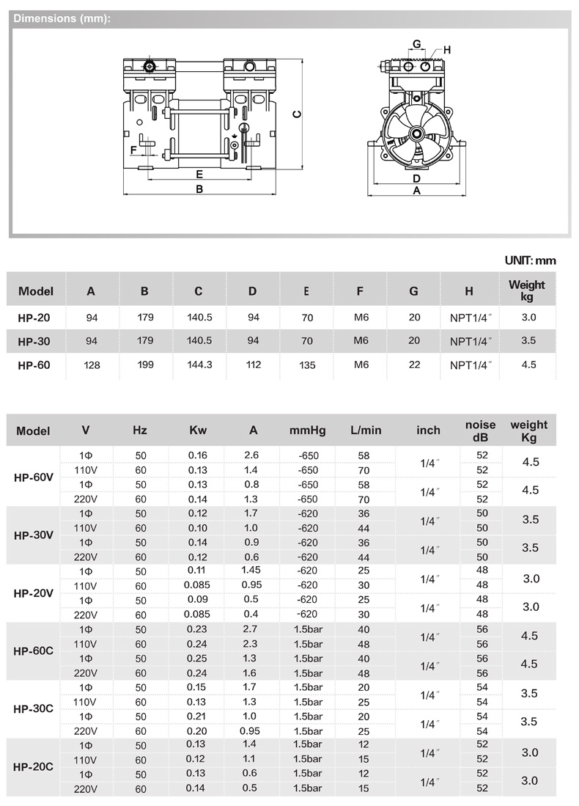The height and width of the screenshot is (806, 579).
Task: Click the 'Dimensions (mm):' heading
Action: [62, 19]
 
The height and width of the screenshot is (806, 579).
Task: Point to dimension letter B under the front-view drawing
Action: [199, 189]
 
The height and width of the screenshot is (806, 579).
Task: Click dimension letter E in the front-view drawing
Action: [199, 175]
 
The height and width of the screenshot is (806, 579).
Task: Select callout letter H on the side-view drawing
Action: [446, 50]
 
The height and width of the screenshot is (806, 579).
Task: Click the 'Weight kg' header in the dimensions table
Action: [527, 290]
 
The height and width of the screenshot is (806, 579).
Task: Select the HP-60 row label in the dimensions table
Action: [34, 364]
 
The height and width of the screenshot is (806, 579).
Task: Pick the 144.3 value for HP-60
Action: [199, 364]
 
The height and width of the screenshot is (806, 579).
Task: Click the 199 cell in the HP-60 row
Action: [145, 364]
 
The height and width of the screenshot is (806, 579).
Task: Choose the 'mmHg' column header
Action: [307, 430]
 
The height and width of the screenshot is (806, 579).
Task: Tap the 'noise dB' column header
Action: [481, 430]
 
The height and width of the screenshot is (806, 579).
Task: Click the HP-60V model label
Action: [34, 477]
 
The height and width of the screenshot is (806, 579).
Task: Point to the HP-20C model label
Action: [34, 767]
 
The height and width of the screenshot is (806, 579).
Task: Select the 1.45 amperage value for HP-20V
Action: [251, 571]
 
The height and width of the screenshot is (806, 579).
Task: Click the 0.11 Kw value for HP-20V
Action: [198, 571]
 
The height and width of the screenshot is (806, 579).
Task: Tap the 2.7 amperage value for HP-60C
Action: [251, 629]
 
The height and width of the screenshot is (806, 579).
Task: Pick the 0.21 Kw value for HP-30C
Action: [198, 716]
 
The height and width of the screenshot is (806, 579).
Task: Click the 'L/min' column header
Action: [366, 430]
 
